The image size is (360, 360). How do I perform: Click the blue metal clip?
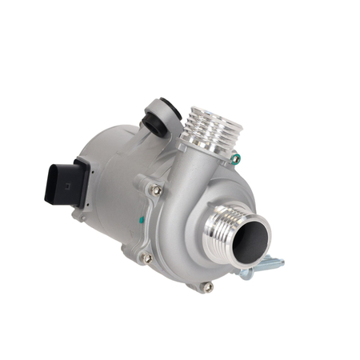(x=264, y=265)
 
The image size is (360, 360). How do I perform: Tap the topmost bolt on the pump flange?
(x=158, y=190)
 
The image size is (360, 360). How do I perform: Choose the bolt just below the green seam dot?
(x=146, y=258)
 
